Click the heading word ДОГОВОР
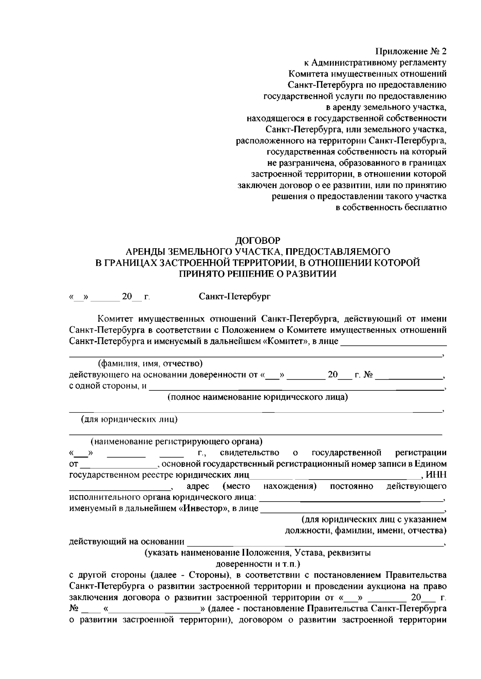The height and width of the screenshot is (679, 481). pos(257,240)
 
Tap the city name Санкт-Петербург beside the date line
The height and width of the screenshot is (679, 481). pos(235,297)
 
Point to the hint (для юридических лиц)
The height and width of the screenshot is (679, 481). pos(129,420)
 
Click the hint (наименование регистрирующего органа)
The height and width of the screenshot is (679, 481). pos(176,442)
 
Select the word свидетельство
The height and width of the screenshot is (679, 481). pos(250,453)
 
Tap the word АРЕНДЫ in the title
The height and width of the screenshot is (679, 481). pos(145,251)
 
